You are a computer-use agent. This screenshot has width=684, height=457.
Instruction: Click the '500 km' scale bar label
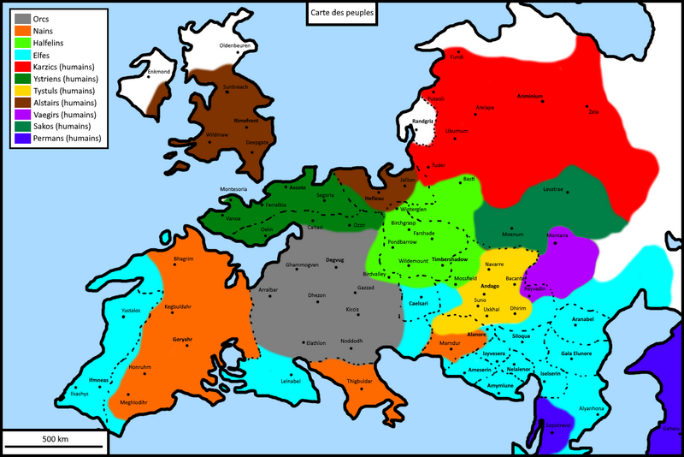click(55, 438)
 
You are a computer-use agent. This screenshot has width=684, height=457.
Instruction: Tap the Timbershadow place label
click(449, 258)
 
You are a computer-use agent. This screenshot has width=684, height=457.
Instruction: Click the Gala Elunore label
click(577, 352)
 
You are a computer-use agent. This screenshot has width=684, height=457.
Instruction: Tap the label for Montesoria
click(233, 188)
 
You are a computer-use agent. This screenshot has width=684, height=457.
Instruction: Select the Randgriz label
click(424, 121)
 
